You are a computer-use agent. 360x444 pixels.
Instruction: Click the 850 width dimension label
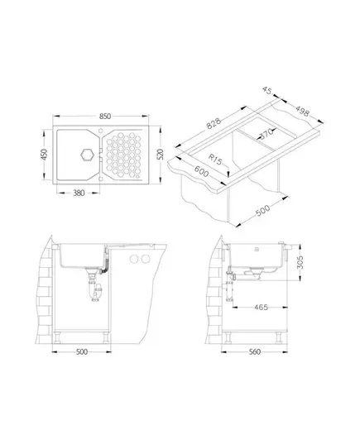105,117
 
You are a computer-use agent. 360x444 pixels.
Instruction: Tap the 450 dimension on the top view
45,155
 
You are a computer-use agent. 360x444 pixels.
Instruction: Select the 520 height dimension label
161,155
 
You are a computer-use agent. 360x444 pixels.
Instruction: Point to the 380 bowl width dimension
79,193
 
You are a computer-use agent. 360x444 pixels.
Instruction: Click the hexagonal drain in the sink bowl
87,155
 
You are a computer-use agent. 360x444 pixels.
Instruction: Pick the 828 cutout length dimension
214,123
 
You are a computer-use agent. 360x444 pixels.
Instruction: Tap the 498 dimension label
302,111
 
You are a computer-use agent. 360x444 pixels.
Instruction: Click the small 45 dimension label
267,90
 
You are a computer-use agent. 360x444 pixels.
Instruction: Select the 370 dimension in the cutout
266,133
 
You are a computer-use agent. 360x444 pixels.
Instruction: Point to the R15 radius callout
215,159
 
